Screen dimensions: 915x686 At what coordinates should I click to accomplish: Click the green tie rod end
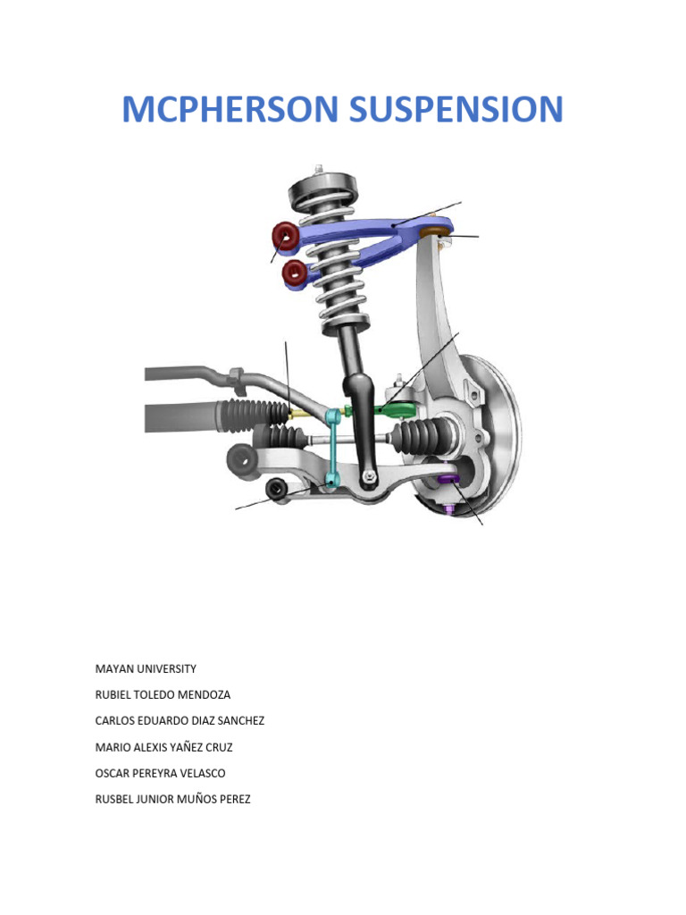pyautogui.click(x=398, y=410)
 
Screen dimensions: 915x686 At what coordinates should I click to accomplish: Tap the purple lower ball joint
pyautogui.click(x=448, y=483)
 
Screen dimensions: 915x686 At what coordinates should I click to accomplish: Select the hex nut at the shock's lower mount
pyautogui.click(x=367, y=478)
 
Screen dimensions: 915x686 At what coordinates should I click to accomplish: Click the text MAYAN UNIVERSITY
pyautogui.click(x=145, y=668)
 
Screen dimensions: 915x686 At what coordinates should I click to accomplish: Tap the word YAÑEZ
pyautogui.click(x=190, y=746)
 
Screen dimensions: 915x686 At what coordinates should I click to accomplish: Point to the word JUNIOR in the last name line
pyautogui.click(x=161, y=799)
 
